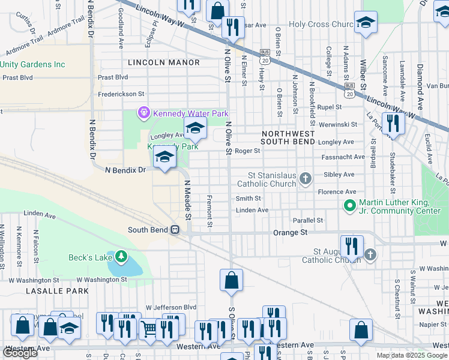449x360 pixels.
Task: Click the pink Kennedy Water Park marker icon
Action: [x=143, y=112]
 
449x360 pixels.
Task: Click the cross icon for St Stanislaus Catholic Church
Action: [x=306, y=178]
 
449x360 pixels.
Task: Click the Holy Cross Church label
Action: [x=320, y=25]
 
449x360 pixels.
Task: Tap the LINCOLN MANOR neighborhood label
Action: [x=164, y=62]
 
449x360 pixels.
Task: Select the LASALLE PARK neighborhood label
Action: [x=58, y=291]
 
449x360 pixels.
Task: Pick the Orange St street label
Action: [x=290, y=232]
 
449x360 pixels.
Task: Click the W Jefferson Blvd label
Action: [x=171, y=307]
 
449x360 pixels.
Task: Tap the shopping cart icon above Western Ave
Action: [x=149, y=328]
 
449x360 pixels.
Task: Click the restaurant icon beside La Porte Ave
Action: [x=393, y=124]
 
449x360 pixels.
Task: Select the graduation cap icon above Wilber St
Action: [x=364, y=22]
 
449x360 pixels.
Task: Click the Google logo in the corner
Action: [x=20, y=353]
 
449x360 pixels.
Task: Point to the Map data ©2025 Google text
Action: [x=412, y=355]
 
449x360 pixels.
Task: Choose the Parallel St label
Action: [x=307, y=220]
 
